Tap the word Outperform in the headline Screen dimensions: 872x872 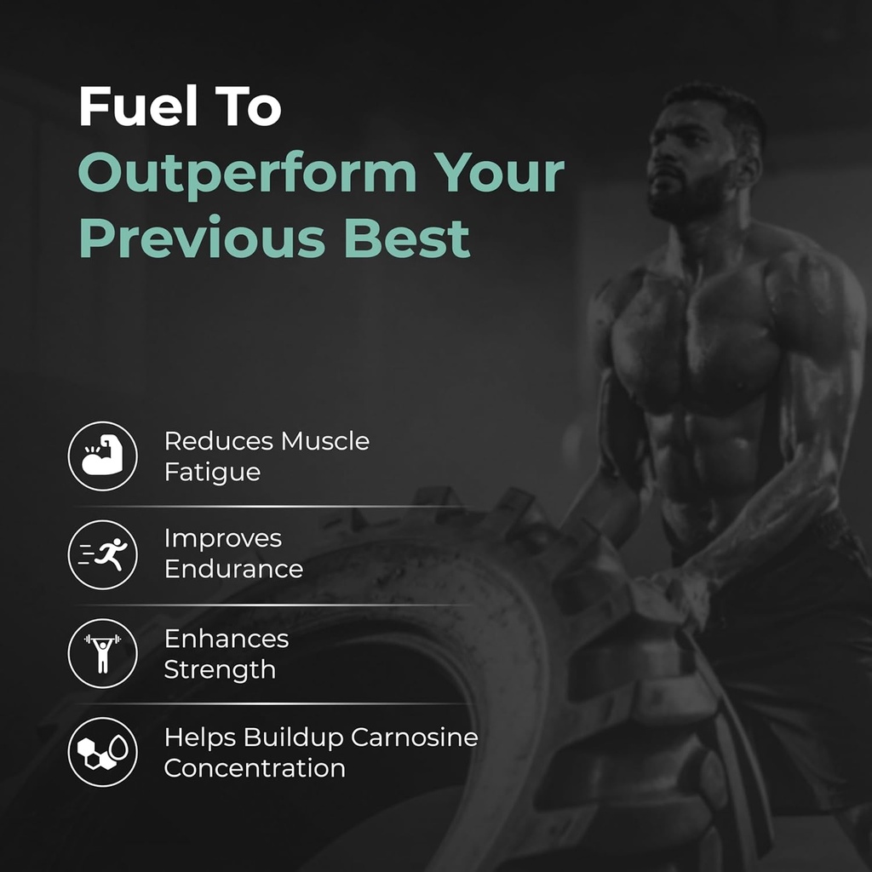coord(247,174)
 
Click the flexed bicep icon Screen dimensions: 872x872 coord(102,456)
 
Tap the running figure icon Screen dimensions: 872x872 coord(102,554)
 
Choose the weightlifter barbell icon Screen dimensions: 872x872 coord(102,653)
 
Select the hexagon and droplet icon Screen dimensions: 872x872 coord(102,752)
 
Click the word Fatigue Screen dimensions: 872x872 coord(212,472)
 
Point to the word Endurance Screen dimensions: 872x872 coord(233,569)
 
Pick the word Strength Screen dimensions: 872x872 coord(220,669)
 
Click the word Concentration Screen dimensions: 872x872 coord(255,768)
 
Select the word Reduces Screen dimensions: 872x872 coord(219,441)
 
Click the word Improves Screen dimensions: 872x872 coord(222,538)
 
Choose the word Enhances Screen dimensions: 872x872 coord(226,638)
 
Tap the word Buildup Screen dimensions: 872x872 coord(292,737)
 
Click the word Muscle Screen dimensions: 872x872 coord(325,441)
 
